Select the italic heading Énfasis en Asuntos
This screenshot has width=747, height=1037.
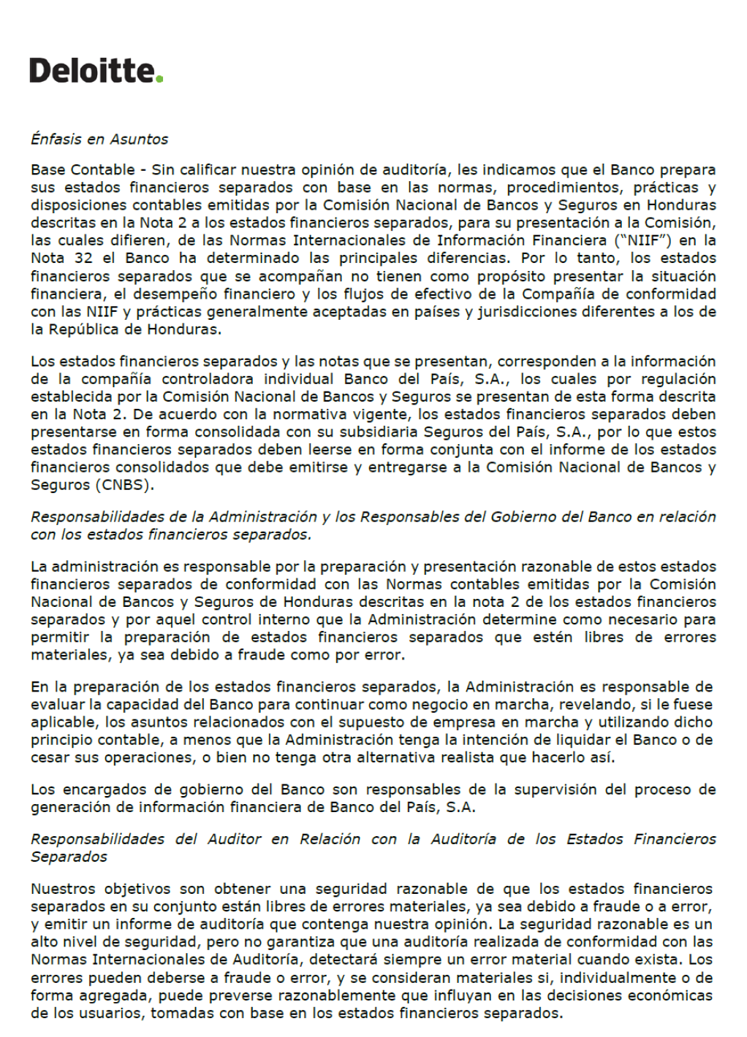click(99, 139)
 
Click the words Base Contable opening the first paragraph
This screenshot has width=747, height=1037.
click(83, 169)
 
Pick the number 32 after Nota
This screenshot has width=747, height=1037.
click(83, 258)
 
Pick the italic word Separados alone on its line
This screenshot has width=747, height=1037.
click(69, 857)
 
